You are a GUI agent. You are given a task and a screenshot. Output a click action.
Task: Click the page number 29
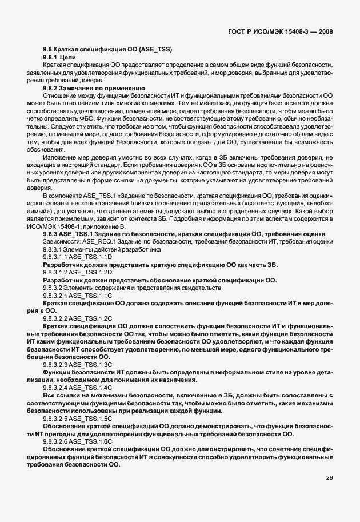329,494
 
